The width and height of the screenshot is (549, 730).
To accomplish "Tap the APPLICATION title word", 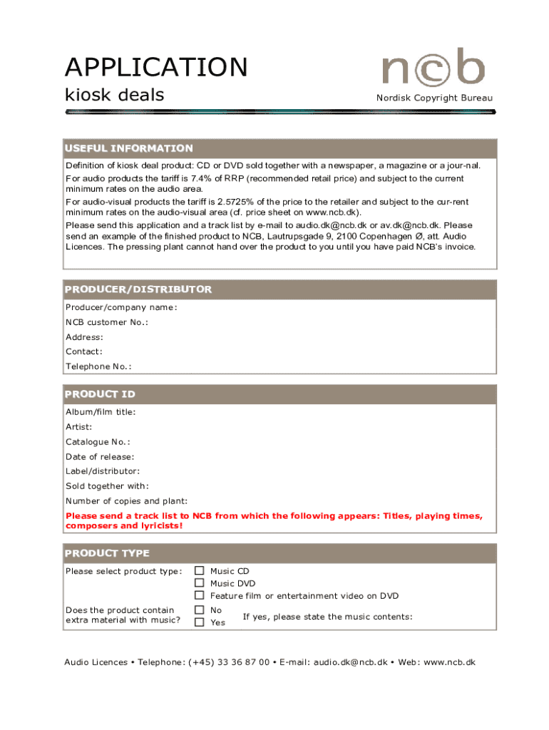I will click(x=156, y=68).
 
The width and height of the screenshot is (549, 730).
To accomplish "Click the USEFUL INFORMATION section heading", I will click(x=129, y=148).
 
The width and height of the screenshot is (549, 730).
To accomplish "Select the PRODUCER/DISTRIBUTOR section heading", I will click(x=138, y=289).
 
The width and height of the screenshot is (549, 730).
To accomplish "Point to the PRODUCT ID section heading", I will click(x=100, y=394).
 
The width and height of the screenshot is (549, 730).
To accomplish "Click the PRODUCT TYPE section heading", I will click(x=107, y=553).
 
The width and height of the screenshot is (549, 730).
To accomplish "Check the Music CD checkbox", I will click(x=200, y=571).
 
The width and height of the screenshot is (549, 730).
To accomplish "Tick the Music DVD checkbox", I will click(x=200, y=583).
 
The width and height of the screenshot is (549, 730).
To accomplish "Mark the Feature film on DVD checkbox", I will click(x=200, y=595).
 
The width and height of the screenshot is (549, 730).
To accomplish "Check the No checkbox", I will click(x=200, y=610).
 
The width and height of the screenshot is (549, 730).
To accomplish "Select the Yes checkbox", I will click(x=200, y=622).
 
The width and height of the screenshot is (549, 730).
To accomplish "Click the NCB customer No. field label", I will click(x=107, y=322).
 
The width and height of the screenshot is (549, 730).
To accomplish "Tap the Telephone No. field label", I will click(x=98, y=366).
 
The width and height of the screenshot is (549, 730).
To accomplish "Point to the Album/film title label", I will click(x=101, y=412).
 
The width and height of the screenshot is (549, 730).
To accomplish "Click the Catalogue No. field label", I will click(x=98, y=442).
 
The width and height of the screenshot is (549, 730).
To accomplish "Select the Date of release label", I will click(x=100, y=457).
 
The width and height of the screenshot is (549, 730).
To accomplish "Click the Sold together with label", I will click(x=107, y=486).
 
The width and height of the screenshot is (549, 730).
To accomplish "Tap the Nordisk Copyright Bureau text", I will click(x=434, y=98).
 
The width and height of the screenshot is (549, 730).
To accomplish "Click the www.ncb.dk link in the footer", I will click(x=449, y=662).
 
